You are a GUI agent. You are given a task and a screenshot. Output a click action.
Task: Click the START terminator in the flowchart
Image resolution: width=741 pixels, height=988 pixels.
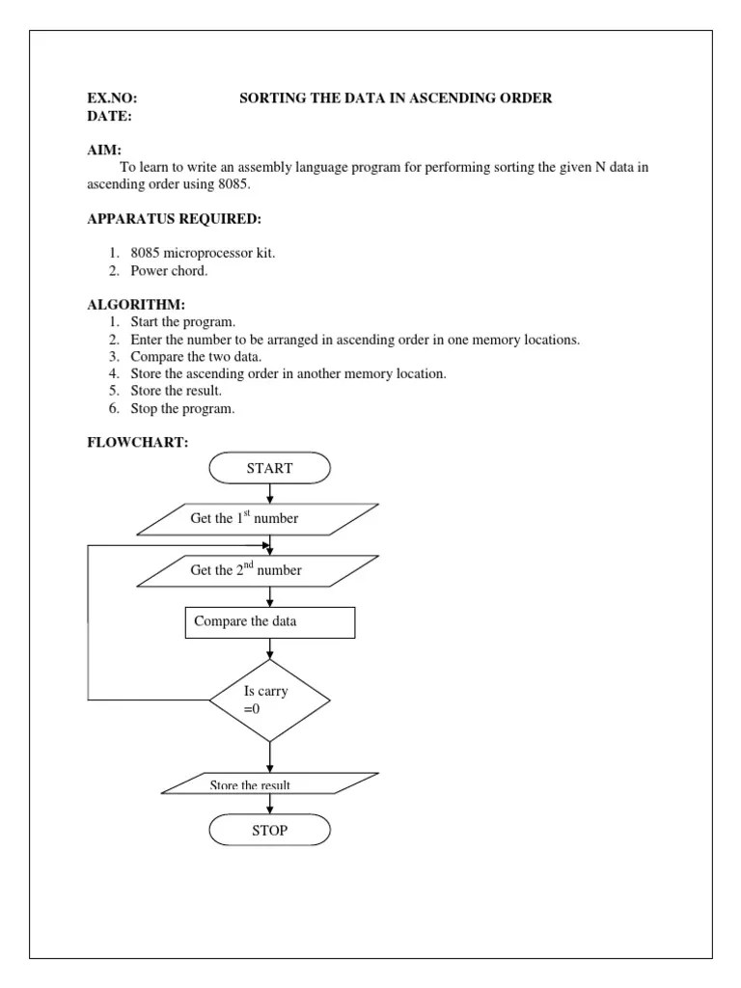click(x=269, y=468)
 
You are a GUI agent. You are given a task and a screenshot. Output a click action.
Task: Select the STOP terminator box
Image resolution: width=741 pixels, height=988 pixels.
click(x=269, y=830)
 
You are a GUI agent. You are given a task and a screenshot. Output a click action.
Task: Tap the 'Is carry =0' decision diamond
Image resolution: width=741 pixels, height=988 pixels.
click(x=269, y=700)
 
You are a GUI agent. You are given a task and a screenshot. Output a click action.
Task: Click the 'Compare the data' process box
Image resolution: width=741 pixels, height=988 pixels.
click(x=269, y=622)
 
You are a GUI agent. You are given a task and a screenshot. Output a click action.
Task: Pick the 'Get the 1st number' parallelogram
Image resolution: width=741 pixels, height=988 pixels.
click(x=258, y=518)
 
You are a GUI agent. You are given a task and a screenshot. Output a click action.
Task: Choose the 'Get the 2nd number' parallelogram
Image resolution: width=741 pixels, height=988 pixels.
click(x=258, y=569)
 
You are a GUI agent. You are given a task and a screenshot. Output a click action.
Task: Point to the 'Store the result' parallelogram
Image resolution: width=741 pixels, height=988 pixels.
click(x=269, y=783)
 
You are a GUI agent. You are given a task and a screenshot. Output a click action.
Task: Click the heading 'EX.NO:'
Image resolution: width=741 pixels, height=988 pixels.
click(x=112, y=98)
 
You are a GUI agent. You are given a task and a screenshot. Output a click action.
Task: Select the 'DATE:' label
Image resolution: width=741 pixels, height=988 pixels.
click(x=110, y=116)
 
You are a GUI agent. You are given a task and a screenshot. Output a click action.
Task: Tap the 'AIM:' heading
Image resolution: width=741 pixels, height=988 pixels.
click(x=104, y=151)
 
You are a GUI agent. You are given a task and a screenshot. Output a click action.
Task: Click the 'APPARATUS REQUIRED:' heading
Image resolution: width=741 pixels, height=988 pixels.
click(x=174, y=219)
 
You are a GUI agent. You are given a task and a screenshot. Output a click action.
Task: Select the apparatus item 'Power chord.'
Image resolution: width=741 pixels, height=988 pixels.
click(x=169, y=270)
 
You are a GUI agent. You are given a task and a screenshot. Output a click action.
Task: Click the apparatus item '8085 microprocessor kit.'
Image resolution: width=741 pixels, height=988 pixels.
click(x=203, y=253)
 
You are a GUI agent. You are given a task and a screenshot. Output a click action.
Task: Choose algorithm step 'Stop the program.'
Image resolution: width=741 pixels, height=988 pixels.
click(x=183, y=408)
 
